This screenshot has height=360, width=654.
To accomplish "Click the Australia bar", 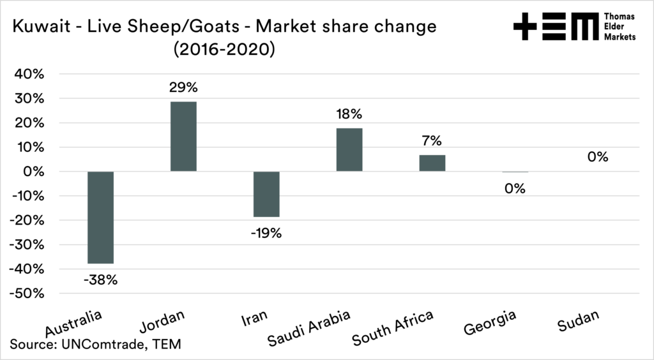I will click(x=100, y=217).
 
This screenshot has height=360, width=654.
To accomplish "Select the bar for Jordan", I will click(x=183, y=137).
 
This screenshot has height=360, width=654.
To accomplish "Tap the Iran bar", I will click(x=266, y=194).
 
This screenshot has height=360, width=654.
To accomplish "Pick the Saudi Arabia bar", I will click(x=349, y=150).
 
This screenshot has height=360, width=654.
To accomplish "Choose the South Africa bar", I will click(x=432, y=163).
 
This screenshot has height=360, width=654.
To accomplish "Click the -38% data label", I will click(x=100, y=280).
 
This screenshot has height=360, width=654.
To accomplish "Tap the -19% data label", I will click(x=266, y=233).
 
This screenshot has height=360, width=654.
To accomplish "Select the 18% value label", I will click(x=349, y=115).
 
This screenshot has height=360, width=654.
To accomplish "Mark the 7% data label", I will click(x=432, y=140).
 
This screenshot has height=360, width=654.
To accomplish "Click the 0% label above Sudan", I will click(x=598, y=157).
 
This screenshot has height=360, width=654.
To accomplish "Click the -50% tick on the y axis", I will click(x=26, y=294).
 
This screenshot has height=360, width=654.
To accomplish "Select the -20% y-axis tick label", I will click(x=26, y=220).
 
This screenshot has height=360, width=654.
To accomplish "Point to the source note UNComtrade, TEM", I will click(x=96, y=345).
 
